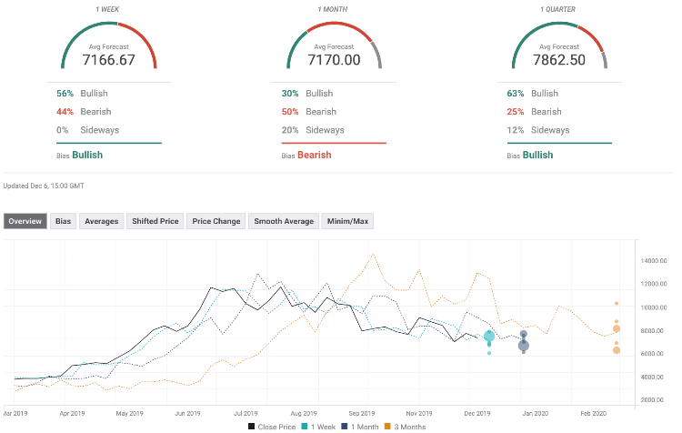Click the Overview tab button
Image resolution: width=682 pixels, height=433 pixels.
(25, 221)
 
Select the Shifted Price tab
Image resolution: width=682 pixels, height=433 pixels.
(155, 221)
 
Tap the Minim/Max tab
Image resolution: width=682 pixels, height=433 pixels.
(347, 221)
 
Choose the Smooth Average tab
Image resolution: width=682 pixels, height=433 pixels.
(284, 221)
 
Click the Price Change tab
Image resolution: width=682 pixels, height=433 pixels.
(216, 221)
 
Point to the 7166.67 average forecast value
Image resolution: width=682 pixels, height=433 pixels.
(109, 60)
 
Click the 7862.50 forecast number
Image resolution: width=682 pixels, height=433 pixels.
(559, 60)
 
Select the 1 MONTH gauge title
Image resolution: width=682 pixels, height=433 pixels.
(333, 9)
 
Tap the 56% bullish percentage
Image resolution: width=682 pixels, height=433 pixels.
(65, 94)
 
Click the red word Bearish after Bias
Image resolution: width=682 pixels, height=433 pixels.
(315, 155)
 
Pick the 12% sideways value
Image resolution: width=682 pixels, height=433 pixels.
(516, 130)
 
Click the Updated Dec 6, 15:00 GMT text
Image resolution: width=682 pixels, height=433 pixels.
(44, 186)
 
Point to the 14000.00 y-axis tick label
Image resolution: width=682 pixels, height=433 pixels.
(653, 261)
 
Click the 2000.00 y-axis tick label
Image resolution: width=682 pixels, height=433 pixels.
(651, 400)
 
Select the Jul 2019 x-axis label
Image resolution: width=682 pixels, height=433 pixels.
(246, 413)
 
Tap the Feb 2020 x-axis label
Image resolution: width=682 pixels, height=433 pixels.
(593, 413)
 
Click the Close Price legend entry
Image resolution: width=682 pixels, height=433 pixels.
(272, 427)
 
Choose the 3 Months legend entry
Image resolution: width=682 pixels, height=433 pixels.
(405, 427)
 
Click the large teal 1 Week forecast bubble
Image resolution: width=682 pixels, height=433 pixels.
(489, 337)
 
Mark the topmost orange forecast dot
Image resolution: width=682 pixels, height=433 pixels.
(617, 303)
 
